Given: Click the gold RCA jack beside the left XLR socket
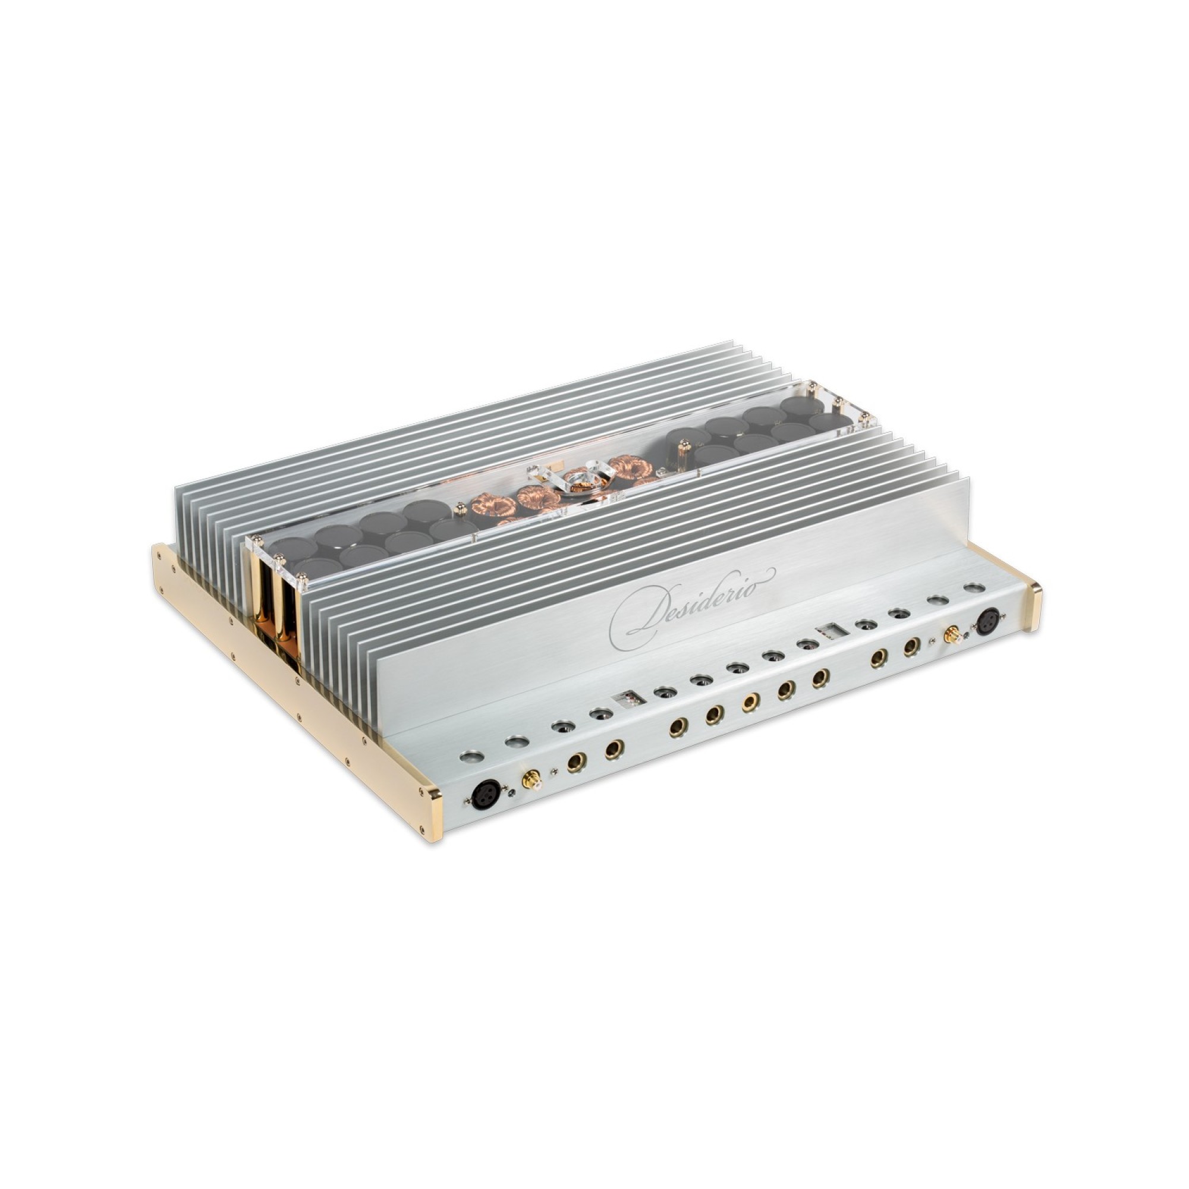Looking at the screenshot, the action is (x=529, y=782).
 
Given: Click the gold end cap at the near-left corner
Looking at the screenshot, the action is (x=435, y=814).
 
